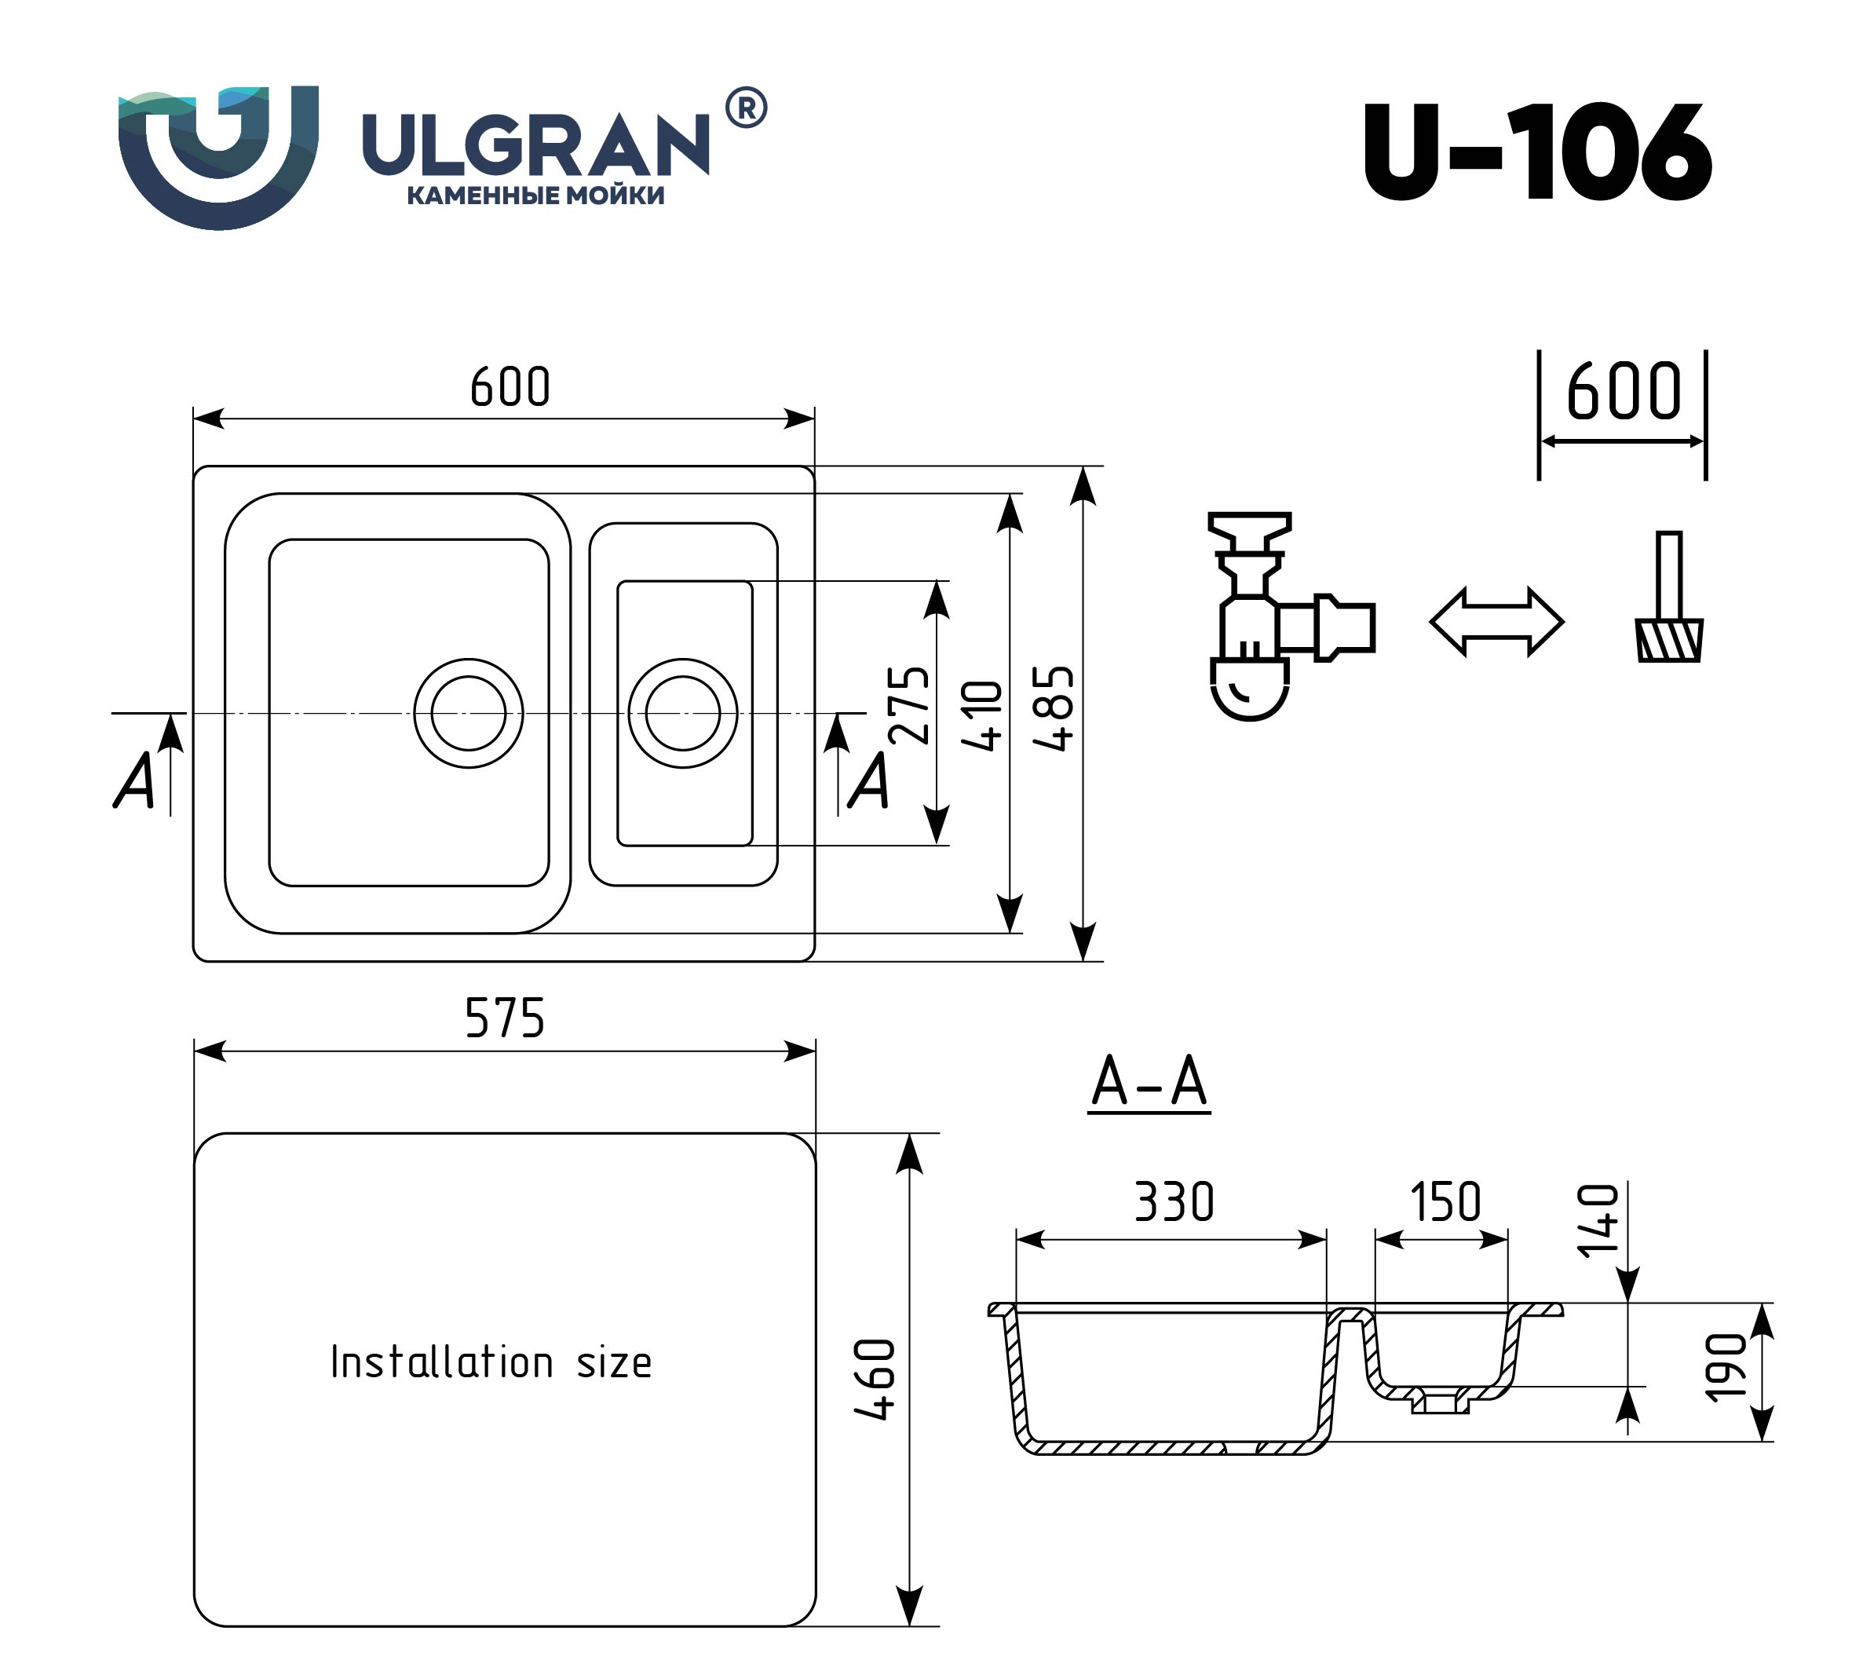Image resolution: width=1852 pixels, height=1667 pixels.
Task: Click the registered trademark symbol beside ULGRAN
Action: [x=746, y=108]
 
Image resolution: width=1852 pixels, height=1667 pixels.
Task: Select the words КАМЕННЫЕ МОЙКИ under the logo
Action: [x=535, y=195]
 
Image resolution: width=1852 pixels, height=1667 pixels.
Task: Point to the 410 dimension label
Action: [x=984, y=715]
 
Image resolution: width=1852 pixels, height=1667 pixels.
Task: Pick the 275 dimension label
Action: [x=909, y=704]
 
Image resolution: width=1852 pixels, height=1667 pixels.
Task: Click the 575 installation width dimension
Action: [x=505, y=1018]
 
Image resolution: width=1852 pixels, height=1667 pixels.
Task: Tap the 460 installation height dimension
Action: [x=875, y=1380]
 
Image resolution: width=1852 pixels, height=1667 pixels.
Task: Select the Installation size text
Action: [x=491, y=1362]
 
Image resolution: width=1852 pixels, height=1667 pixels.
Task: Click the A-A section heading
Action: [x=1149, y=1083]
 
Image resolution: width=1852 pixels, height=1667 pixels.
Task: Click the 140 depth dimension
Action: [x=1599, y=1220]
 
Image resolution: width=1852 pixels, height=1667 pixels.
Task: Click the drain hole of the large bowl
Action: [x=468, y=713]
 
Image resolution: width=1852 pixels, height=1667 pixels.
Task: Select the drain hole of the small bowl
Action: [x=682, y=713]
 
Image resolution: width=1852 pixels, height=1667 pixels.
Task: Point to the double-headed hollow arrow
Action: [x=1496, y=622]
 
